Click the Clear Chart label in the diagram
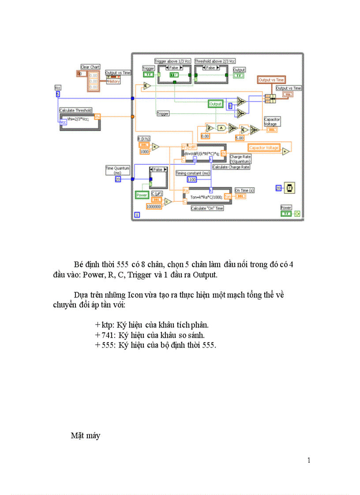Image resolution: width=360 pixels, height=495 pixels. [90, 67]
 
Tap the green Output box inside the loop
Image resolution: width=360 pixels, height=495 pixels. [215, 104]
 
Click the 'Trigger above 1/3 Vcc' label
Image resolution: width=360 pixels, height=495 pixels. [172, 61]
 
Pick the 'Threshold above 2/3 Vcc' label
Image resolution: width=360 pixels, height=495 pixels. [215, 61]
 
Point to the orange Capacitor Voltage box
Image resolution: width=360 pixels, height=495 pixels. [264, 148]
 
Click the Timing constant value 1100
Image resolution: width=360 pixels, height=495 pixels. [191, 179]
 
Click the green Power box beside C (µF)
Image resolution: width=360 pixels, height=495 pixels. [142, 194]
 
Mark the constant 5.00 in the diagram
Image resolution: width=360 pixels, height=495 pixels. [239, 138]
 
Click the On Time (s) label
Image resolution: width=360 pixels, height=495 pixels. [244, 190]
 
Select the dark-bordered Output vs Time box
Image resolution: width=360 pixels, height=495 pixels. [271, 80]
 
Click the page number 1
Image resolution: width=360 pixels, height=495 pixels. [309, 461]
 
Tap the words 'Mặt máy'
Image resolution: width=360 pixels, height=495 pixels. [86, 436]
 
